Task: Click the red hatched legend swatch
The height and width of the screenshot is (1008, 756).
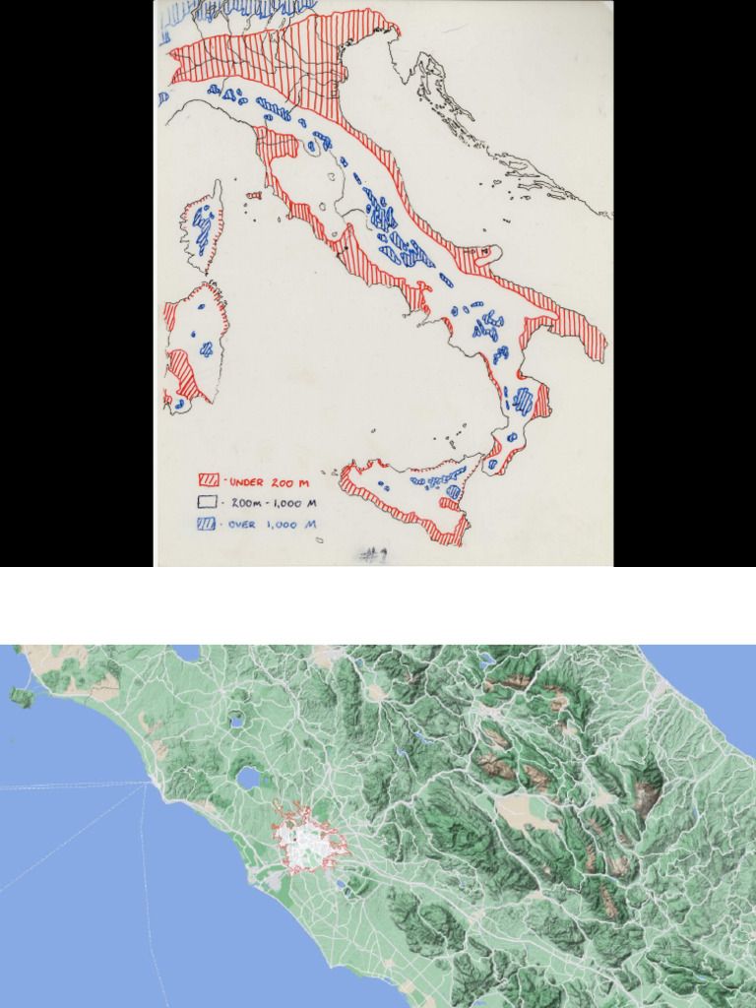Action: click(209, 481)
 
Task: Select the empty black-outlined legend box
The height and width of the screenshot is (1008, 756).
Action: click(209, 502)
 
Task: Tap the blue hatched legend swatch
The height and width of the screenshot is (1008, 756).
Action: click(209, 524)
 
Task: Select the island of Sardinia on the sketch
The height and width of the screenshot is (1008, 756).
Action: click(195, 345)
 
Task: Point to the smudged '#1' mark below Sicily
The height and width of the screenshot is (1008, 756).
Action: click(373, 555)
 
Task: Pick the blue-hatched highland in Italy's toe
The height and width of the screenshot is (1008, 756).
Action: click(523, 401)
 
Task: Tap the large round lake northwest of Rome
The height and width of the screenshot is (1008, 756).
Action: click(250, 780)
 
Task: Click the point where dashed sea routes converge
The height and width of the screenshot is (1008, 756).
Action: click(149, 783)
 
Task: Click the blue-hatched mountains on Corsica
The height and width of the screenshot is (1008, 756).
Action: click(203, 228)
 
